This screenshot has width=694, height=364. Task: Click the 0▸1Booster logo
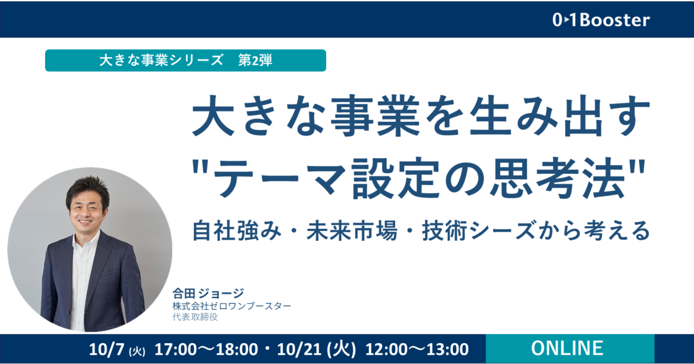coord(601,20)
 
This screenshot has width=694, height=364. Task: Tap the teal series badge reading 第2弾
coord(185,60)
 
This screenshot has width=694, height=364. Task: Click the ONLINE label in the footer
coord(567,348)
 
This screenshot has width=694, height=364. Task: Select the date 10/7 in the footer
coord(106,350)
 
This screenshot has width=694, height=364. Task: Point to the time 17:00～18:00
coord(206,350)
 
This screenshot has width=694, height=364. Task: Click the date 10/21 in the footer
coord(299,350)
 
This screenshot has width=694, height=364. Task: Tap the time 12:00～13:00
coord(417,350)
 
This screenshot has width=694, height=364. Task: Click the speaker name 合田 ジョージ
coord(208,293)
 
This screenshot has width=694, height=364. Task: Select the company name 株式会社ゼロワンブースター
coord(232,306)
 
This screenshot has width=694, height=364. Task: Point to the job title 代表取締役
coord(195,317)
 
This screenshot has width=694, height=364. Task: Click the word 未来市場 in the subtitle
coord(352,231)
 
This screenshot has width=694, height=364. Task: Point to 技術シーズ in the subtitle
coord(479,231)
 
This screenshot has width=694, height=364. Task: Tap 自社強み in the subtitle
coord(237,231)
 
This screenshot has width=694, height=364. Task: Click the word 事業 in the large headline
coord(375,116)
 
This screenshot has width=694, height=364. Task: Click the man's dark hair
coord(87,189)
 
